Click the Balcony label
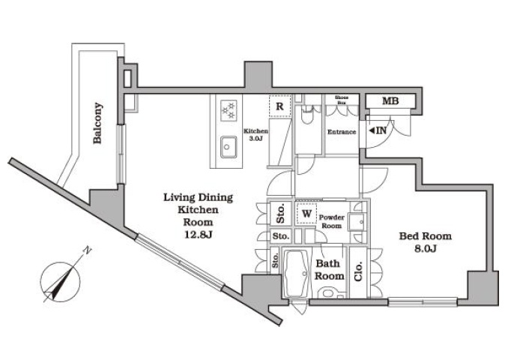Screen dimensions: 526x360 (98, 123)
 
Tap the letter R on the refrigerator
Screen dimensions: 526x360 (279, 106)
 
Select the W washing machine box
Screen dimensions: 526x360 (306, 214)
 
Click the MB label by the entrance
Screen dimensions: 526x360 (390, 100)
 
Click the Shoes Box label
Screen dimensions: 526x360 (342, 100)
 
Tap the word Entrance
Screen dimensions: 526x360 (342, 132)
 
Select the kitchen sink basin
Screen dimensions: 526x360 (229, 147)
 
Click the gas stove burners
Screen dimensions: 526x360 (229, 110)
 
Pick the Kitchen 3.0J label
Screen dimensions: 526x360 (256, 135)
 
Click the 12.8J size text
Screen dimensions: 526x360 (199, 235)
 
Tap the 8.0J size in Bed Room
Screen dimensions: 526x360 (425, 249)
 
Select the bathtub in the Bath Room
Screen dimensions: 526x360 (297, 273)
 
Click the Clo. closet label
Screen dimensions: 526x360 (358, 271)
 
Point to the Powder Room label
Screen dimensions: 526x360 (331, 221)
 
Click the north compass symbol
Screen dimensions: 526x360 (61, 281)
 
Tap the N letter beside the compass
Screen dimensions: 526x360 (87, 250)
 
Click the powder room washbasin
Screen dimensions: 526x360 (356, 222)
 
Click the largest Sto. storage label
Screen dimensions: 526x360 (281, 214)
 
